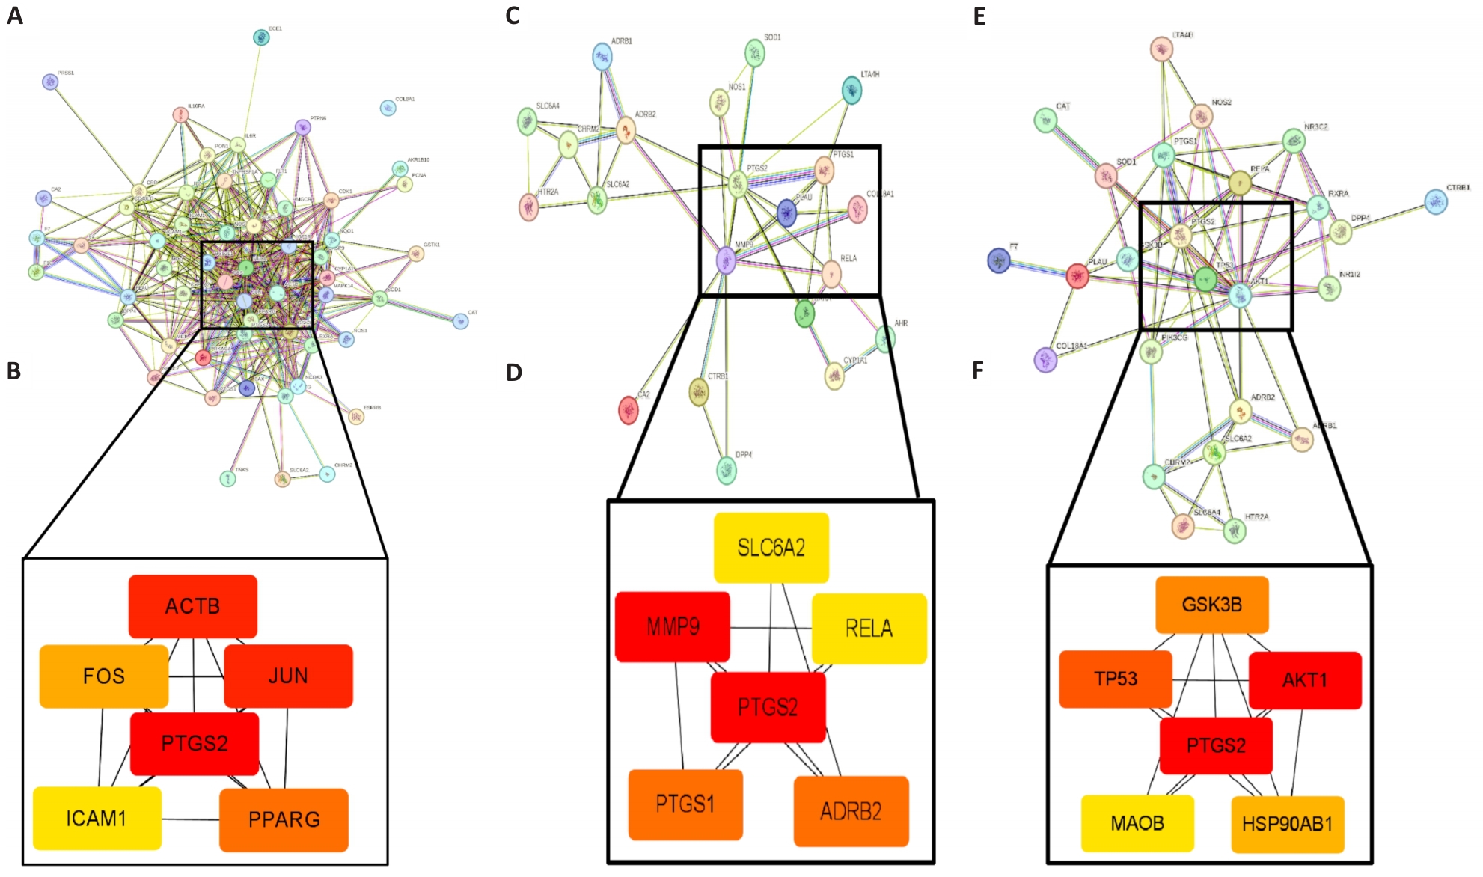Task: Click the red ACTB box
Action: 193,606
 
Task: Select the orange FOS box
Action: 103,676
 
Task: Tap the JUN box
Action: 288,676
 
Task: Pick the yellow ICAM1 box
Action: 97,819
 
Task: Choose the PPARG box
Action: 284,820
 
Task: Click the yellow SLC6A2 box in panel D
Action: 771,548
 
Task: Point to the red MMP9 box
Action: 672,627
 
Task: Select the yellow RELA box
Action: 869,629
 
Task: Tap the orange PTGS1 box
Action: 685,804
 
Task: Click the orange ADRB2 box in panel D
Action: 851,811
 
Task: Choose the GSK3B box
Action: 1211,605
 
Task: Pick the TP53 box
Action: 1115,679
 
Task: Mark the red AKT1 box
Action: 1304,680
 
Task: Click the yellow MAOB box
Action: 1137,824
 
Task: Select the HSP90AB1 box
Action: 1287,825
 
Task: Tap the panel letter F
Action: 978,371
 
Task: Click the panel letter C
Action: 513,16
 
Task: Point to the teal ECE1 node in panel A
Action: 260,37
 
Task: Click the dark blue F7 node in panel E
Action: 998,260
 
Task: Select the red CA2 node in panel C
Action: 629,410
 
